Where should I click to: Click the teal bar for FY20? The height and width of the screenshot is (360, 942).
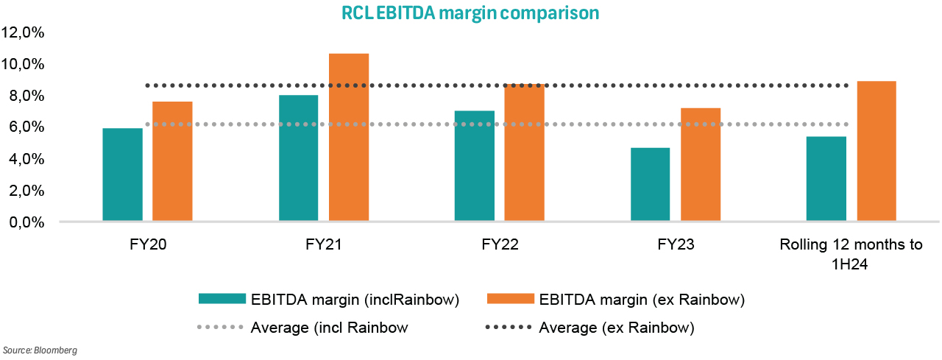pos(122,174)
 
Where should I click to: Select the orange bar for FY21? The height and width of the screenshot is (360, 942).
pos(349,137)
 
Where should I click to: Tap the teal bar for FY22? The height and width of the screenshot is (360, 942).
pos(475,166)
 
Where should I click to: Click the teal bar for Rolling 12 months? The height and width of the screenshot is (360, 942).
pos(826,178)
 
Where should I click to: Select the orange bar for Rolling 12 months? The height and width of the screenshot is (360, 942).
pos(877,151)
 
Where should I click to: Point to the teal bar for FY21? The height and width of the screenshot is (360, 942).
pos(299,158)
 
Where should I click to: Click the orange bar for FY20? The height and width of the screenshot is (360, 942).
pos(172,161)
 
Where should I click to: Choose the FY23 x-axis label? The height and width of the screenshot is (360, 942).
pos(675,245)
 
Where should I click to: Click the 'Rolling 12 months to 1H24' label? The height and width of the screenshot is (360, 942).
pos(851,254)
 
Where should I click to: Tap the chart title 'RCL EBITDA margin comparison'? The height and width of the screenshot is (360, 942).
pos(470,13)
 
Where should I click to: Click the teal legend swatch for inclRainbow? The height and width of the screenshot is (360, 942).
pos(221,299)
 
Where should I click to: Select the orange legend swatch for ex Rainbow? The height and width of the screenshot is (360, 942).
pos(509,299)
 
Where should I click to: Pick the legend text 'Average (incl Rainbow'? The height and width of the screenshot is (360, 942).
pos(328,327)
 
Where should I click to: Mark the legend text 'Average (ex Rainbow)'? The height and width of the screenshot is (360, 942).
pos(617,327)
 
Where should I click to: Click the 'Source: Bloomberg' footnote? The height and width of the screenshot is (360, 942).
pos(40,350)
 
